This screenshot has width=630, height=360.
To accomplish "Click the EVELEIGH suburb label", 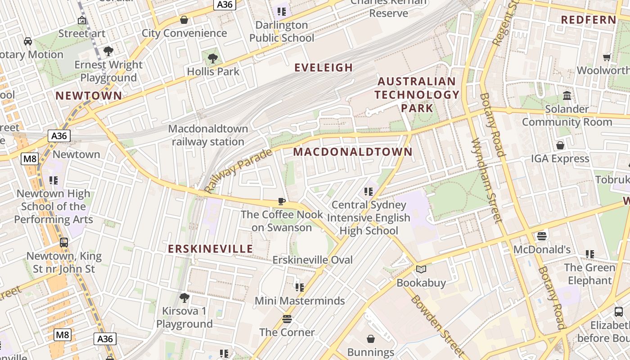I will pyautogui.click(x=323, y=68).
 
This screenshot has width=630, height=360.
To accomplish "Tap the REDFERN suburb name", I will pyautogui.click(x=589, y=20).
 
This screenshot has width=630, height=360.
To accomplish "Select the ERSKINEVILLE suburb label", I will pyautogui.click(x=211, y=249).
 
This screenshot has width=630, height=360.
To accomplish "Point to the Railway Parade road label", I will pyautogui.click(x=238, y=171).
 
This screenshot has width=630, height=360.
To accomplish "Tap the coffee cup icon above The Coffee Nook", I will pyautogui.click(x=282, y=201).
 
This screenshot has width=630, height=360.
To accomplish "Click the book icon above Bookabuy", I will pyautogui.click(x=421, y=269).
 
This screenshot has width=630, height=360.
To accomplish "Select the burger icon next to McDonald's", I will pyautogui.click(x=542, y=236).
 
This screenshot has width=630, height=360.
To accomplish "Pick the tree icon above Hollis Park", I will pyautogui.click(x=213, y=58).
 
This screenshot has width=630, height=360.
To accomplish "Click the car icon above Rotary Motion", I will pyautogui.click(x=28, y=41).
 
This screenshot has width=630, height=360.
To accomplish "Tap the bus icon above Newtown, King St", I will pyautogui.click(x=64, y=243).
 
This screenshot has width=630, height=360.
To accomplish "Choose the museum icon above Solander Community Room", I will pyautogui.click(x=567, y=96).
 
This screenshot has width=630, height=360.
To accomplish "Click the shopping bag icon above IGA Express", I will pyautogui.click(x=560, y=145).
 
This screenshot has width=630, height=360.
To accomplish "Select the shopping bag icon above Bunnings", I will pyautogui.click(x=370, y=338).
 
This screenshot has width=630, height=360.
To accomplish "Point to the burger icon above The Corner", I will pyautogui.click(x=287, y=319).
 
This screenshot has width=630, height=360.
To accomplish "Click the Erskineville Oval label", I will pyautogui.click(x=312, y=260).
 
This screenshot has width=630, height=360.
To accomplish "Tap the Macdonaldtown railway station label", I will pyautogui.click(x=208, y=135).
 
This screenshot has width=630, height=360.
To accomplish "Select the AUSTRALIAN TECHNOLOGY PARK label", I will pyautogui.click(x=417, y=94).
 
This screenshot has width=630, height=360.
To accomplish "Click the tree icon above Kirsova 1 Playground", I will pyautogui.click(x=184, y=297).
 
